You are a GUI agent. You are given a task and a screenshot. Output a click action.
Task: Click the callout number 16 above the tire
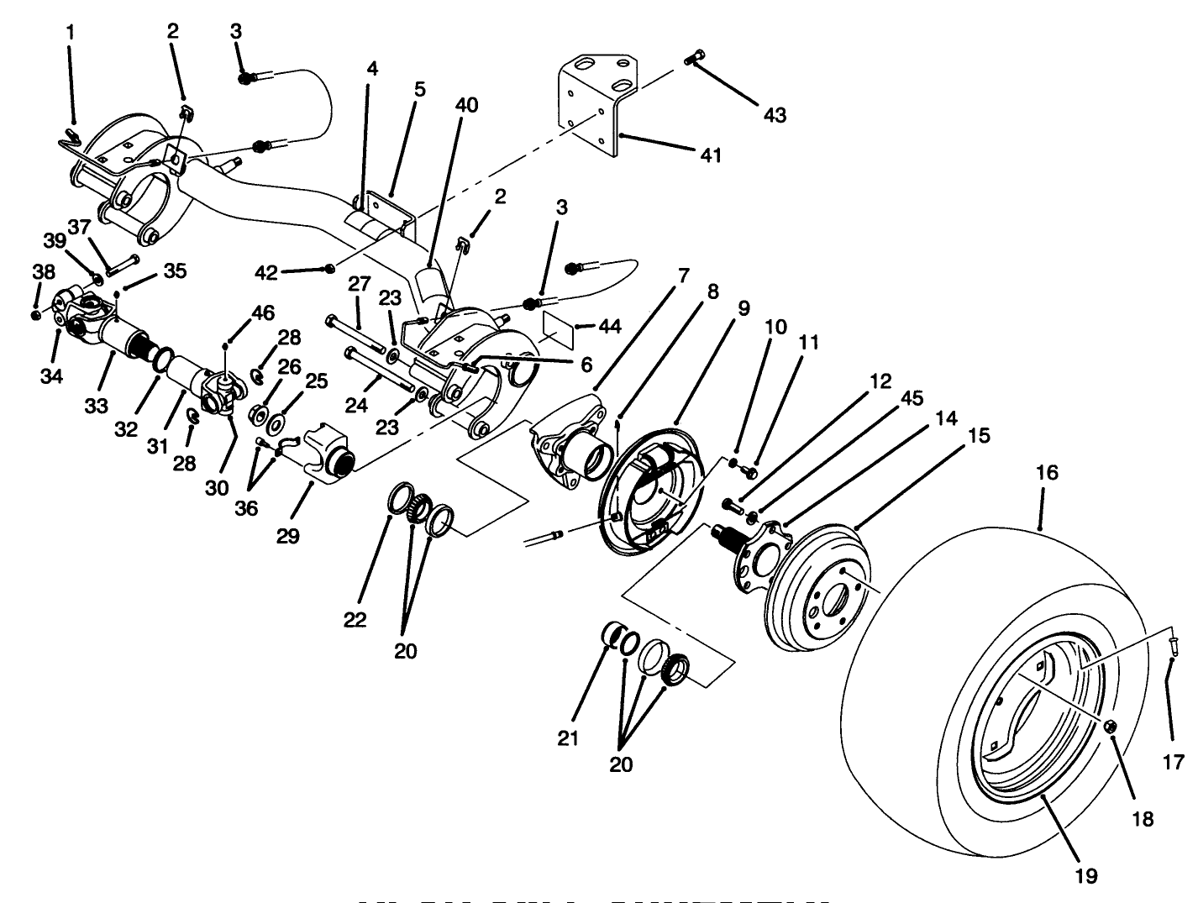[x=1046, y=473]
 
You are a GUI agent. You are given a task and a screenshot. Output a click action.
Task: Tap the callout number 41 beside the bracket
[x=711, y=155]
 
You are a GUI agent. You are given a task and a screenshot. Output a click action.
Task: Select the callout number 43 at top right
[x=774, y=114]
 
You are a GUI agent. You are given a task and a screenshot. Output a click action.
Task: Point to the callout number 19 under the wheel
[x=1085, y=876]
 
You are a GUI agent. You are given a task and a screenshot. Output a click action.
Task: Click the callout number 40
[x=466, y=105]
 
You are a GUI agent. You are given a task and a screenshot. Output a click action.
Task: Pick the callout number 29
[x=287, y=536]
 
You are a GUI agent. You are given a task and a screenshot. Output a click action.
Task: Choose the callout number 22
[x=354, y=620]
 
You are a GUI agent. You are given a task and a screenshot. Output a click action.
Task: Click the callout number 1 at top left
[x=71, y=33]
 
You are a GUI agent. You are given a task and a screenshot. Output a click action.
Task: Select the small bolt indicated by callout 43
[x=693, y=57]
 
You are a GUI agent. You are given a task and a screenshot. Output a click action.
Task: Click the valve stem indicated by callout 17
[x=1173, y=644]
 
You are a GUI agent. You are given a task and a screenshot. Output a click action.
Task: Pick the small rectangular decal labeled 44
[x=558, y=327]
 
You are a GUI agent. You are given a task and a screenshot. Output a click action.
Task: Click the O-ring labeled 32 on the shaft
[x=161, y=360]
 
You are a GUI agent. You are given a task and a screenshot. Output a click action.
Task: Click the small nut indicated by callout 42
[x=330, y=268]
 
